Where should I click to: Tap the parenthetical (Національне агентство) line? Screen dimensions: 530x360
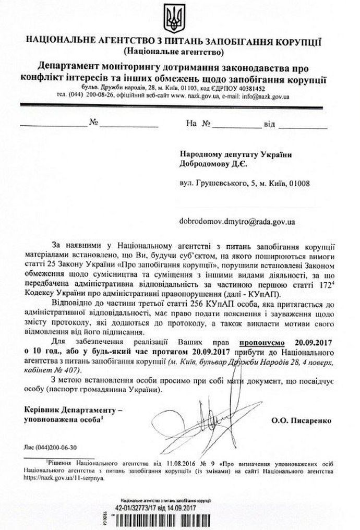(174, 52)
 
